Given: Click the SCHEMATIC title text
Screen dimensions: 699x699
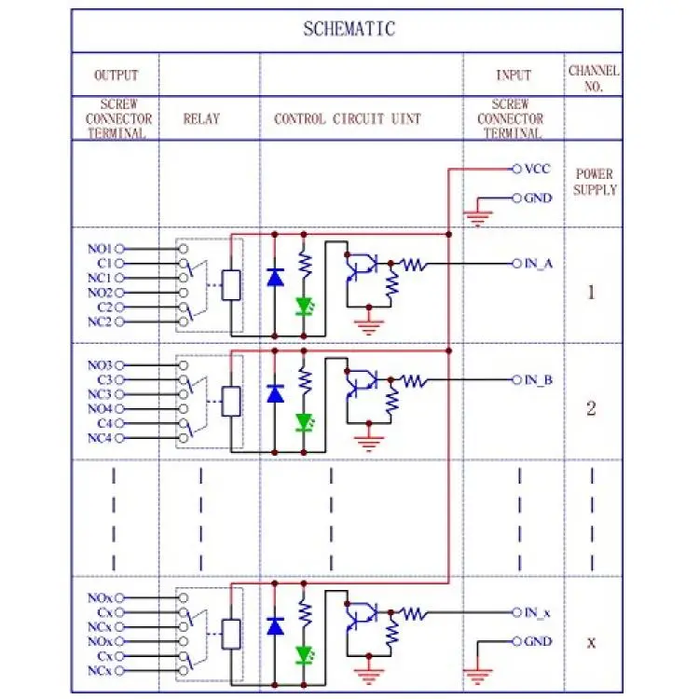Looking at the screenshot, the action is (x=349, y=29).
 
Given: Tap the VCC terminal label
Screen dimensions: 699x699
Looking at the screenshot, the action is (x=538, y=169).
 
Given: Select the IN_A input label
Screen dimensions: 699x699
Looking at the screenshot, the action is (x=539, y=264).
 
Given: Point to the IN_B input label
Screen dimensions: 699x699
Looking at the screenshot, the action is (x=539, y=380).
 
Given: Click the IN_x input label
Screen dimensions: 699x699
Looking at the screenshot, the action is (x=538, y=612).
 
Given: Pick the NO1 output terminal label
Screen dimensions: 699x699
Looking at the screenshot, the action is (x=100, y=249).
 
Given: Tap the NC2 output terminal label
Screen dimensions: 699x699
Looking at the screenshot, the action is (x=100, y=322).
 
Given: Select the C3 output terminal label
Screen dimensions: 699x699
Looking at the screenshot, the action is (x=104, y=380).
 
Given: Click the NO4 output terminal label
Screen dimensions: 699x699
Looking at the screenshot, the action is (x=100, y=408).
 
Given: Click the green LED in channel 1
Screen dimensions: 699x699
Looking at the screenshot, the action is (x=305, y=307).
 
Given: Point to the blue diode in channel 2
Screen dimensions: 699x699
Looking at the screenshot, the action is (x=275, y=393).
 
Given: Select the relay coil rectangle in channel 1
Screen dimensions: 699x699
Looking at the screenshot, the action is (x=231, y=285).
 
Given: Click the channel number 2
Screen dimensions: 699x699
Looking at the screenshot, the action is (x=591, y=408).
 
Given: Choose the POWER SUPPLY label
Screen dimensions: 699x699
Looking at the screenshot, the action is (x=595, y=182).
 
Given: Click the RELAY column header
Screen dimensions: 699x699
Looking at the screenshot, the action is (x=201, y=118).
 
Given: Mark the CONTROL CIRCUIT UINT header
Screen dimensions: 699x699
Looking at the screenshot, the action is (x=348, y=118).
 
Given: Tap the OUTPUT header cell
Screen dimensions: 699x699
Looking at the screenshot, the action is (x=116, y=75).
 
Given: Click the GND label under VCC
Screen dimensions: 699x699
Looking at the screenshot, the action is (x=539, y=198).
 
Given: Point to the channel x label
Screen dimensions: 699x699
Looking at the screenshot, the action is (x=591, y=642).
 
